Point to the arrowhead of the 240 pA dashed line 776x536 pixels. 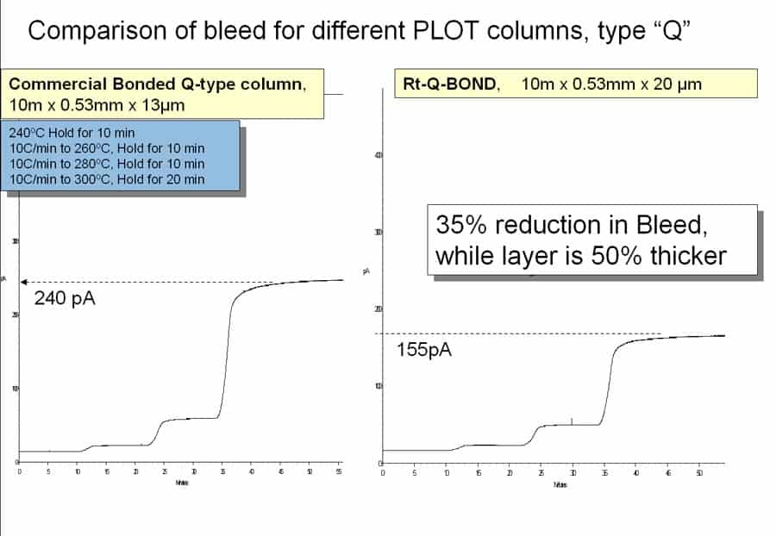(x=24, y=282)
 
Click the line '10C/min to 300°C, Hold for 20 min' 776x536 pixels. (x=107, y=178)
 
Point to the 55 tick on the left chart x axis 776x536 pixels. (x=338, y=472)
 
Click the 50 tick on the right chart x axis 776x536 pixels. (x=699, y=474)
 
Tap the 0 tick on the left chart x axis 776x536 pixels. (x=20, y=472)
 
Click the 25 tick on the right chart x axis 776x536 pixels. (x=541, y=474)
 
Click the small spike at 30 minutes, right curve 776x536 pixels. (x=572, y=421)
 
